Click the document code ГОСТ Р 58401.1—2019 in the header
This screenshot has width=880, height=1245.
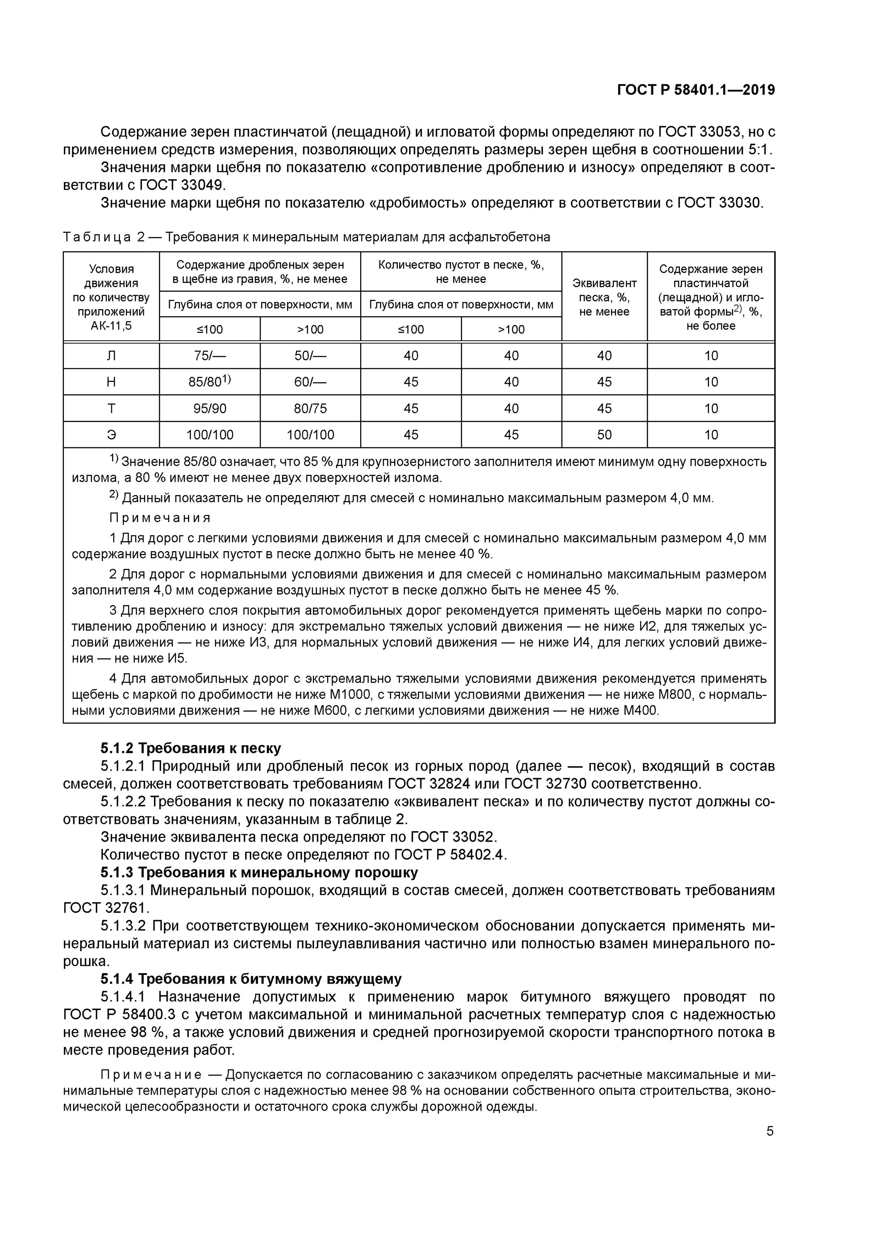tap(696, 90)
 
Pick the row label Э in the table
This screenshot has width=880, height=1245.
tap(111, 435)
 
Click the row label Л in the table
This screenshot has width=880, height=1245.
tap(111, 356)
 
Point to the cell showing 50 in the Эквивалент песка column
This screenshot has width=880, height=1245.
tap(604, 435)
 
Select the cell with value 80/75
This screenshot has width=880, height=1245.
tap(310, 408)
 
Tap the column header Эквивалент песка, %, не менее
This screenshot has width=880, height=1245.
tap(604, 297)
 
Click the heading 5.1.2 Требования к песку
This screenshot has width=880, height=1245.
tap(191, 748)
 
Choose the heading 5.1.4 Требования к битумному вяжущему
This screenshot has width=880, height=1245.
tap(251, 979)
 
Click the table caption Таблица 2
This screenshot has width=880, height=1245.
tap(103, 237)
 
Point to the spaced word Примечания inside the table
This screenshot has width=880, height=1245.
tap(160, 518)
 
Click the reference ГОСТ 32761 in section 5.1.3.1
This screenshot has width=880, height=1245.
tap(106, 908)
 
